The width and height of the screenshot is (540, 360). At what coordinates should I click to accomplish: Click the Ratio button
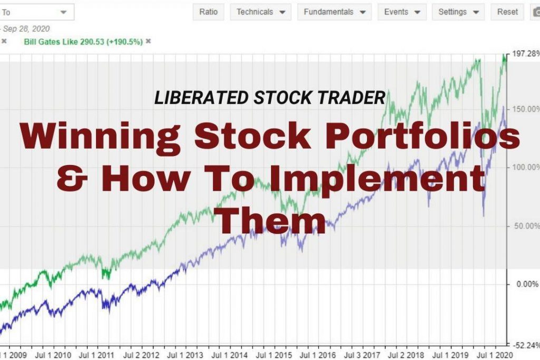coord(209,12)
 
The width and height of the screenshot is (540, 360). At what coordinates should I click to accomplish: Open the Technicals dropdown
coord(261,12)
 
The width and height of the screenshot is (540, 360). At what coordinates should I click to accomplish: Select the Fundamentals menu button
coord(334,12)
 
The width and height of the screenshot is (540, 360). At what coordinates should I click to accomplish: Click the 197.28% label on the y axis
coord(524,54)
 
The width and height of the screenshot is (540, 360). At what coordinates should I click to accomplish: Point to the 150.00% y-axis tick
coord(525,109)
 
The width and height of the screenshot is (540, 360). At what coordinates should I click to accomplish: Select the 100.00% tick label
coord(525,167)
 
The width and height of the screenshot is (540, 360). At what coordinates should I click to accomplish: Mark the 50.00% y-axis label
coord(526,226)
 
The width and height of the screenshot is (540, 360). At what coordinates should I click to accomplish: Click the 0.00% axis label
coord(527,284)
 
